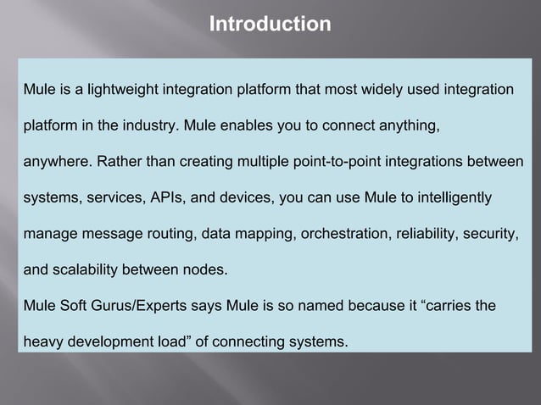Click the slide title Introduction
270,24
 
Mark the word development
114,343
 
